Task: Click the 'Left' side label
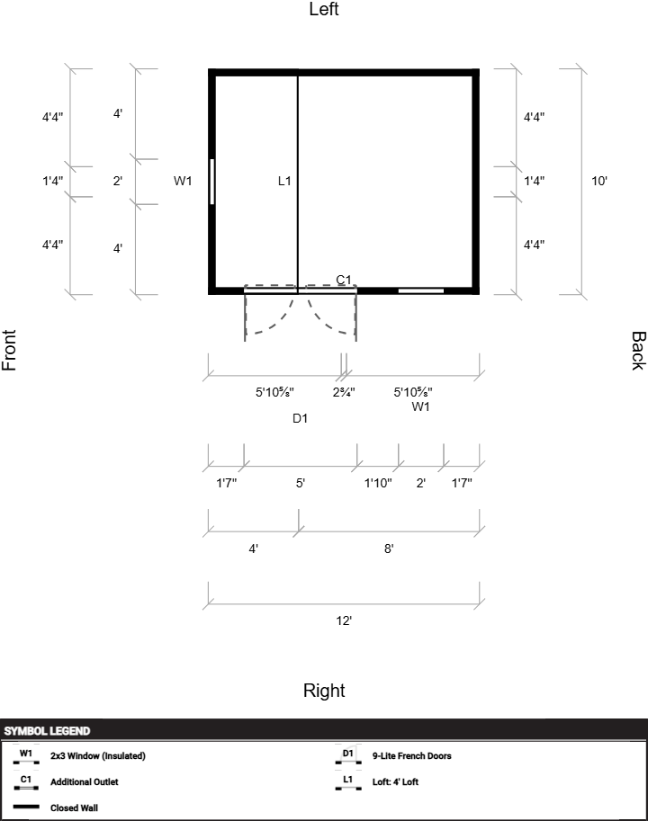tap(324, 9)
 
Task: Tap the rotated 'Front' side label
tap(9, 351)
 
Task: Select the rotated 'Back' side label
tap(638, 351)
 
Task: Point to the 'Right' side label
tap(324, 691)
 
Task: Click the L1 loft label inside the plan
tap(284, 181)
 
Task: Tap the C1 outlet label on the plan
tap(344, 281)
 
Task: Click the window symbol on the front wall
tap(212, 181)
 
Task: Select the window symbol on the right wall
tap(421, 291)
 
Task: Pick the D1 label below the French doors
tap(301, 418)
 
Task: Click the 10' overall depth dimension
tap(599, 181)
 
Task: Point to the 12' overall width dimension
tap(344, 621)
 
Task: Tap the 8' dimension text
tap(389, 549)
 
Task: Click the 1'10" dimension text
tap(378, 483)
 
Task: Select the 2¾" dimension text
tap(344, 392)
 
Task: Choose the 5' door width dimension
tap(301, 483)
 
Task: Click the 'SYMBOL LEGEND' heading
tap(47, 731)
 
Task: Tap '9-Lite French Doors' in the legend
tap(411, 755)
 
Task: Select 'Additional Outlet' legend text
tap(85, 781)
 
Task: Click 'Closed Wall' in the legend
tap(74, 808)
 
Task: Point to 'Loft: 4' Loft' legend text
tap(395, 781)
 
